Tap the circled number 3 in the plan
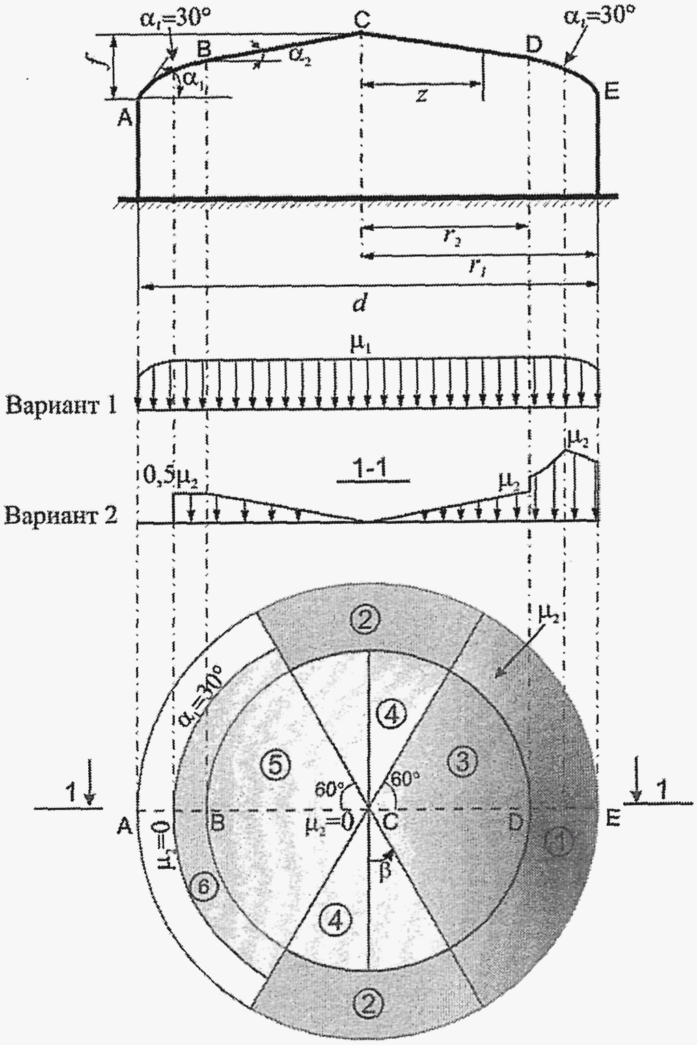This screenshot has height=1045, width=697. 463,761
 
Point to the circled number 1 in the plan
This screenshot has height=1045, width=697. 559,841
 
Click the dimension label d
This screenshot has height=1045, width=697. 360,303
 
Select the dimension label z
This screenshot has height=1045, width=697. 421,96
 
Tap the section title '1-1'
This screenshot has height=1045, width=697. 372,471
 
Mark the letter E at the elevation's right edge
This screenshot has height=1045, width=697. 612,91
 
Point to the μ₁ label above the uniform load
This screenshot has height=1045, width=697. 359,344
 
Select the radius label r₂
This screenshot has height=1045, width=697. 451,237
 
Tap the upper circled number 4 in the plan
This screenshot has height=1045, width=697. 391,714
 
